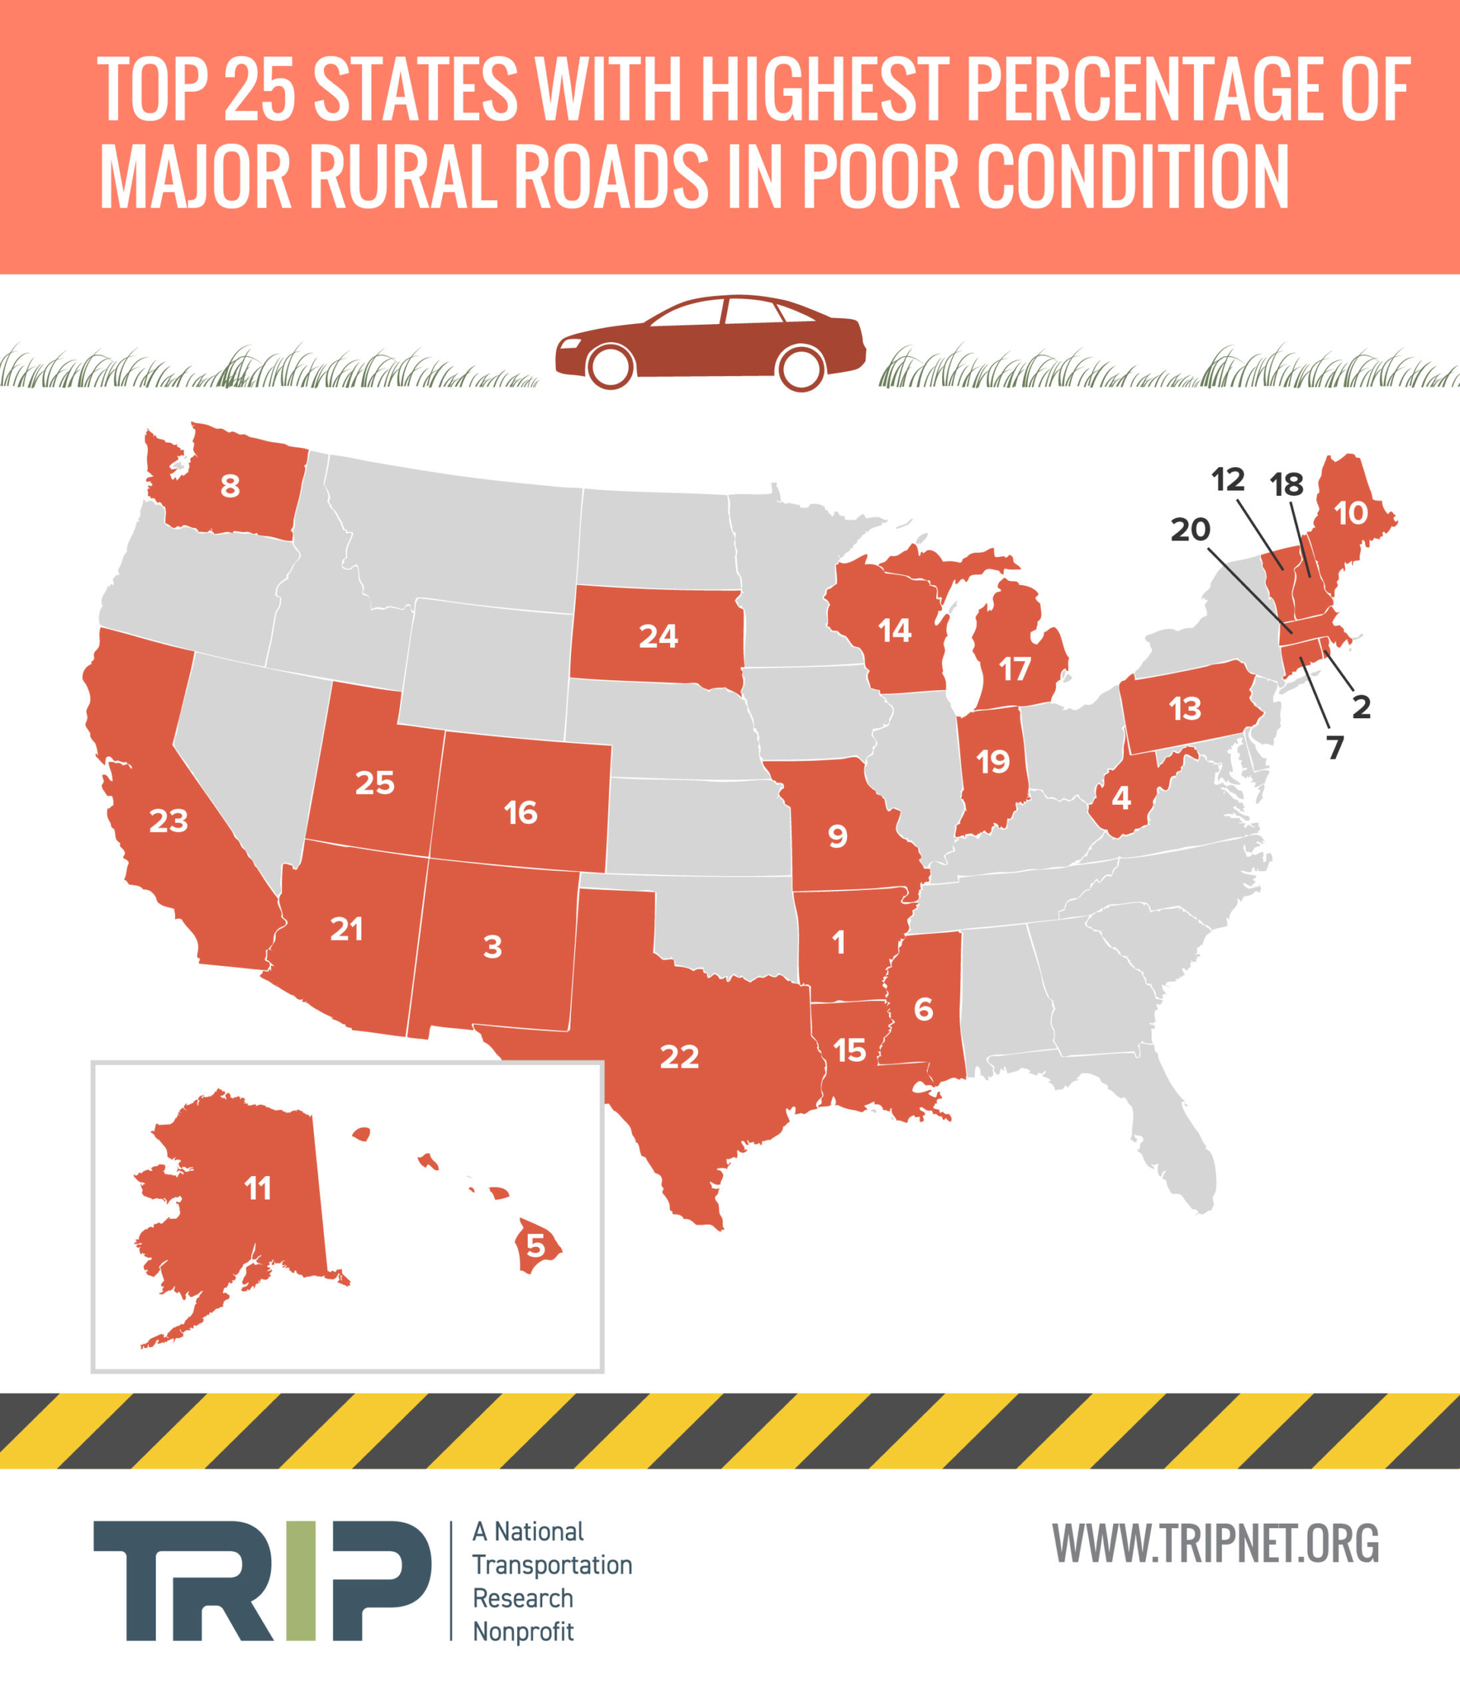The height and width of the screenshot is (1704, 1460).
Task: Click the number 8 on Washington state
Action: (230, 486)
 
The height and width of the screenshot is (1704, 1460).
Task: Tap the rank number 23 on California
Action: (169, 821)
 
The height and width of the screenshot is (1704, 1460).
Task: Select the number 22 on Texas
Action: (679, 1057)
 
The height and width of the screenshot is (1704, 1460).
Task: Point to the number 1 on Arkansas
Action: (839, 943)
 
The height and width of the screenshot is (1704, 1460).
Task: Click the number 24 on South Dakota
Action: (659, 637)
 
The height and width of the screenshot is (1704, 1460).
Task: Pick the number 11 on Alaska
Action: (257, 1187)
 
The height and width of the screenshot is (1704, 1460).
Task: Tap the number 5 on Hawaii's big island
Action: (535, 1246)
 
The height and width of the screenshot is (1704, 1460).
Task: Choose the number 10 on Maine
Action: (1350, 513)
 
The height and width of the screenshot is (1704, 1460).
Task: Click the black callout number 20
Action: (1190, 529)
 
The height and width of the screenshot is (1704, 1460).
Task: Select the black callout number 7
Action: (1335, 748)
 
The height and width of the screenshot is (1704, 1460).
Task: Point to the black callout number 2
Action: (1361, 707)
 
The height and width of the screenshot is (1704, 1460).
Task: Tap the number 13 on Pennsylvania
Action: (1185, 708)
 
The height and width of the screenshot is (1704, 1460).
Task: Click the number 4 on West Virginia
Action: (1121, 798)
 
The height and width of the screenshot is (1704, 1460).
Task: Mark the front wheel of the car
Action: (611, 367)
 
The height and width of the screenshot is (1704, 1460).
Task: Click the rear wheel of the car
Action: (800, 367)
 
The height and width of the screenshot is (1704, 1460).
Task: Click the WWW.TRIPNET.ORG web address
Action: (1216, 1543)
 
